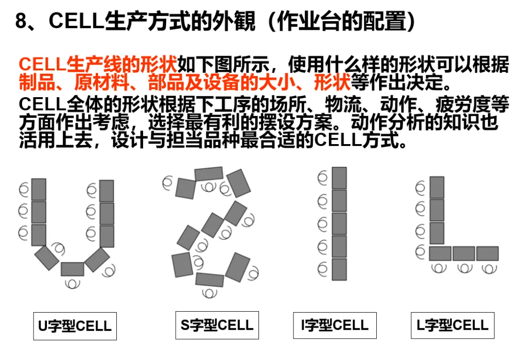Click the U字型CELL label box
[75, 326]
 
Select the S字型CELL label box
[217, 325]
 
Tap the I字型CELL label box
[335, 325]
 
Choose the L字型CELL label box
[452, 325]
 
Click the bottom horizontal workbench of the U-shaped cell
[72, 269]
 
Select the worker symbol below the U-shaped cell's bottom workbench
[72, 283]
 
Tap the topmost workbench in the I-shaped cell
[339, 178]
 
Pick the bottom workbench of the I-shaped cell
[339, 269]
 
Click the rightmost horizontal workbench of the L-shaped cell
[487, 253]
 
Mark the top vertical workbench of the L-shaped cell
[437, 187]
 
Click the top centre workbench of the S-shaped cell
[209, 174]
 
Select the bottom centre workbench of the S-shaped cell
[209, 279]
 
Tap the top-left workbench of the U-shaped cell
[39, 189]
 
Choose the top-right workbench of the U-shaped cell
[106, 191]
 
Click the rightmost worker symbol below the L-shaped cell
[488, 268]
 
